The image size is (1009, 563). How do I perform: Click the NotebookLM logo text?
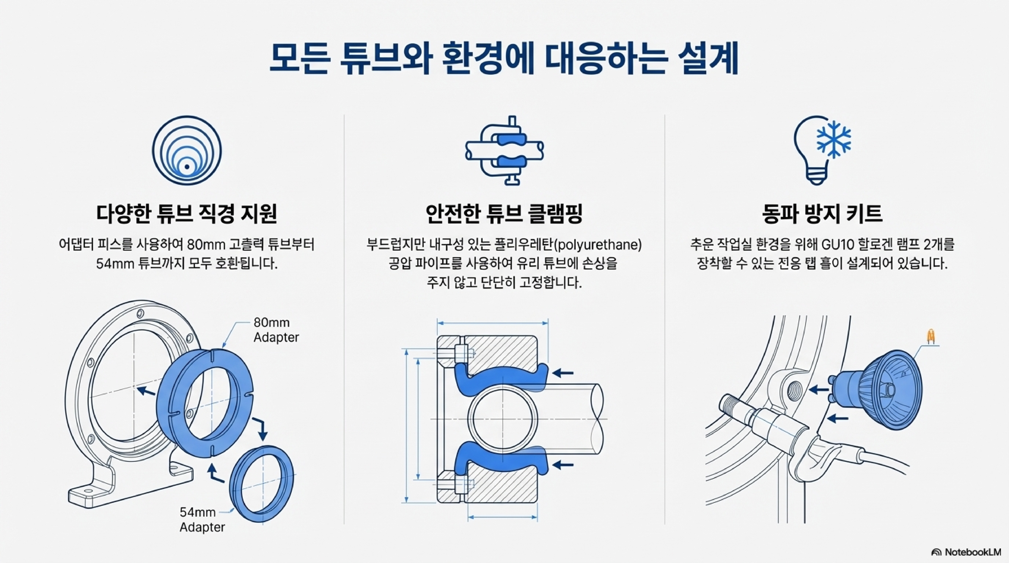[x=973, y=552]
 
